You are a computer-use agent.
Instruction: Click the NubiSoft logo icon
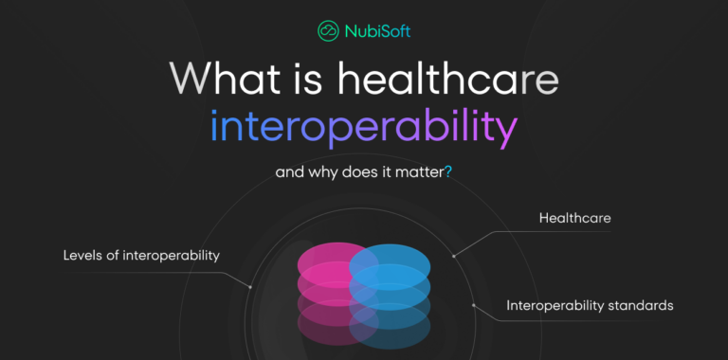328,30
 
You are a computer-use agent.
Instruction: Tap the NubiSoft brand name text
377,31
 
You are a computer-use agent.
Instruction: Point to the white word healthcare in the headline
444,80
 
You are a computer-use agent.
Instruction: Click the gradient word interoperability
363,129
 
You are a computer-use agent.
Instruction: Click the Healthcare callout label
575,218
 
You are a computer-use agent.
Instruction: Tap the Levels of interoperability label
141,256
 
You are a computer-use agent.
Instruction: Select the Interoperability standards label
590,305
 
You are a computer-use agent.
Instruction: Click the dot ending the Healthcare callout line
454,255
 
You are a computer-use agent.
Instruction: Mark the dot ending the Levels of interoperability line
250,286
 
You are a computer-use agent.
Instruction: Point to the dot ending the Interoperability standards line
473,305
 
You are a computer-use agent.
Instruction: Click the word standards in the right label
638,305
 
